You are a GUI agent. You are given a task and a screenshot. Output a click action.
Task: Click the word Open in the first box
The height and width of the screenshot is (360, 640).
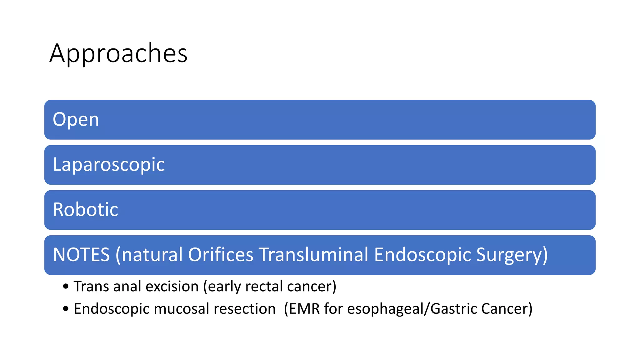[x=76, y=120]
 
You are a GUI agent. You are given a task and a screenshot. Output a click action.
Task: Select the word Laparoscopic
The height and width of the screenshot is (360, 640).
[x=109, y=165]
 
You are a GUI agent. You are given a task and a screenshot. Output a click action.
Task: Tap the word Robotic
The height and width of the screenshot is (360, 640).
[x=86, y=210]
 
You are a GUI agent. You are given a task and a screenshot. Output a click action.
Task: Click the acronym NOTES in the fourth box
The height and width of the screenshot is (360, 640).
[x=81, y=255]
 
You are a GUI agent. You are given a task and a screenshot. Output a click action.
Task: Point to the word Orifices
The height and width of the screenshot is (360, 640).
[x=221, y=255]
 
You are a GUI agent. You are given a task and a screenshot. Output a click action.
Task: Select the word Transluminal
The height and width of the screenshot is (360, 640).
[x=314, y=255]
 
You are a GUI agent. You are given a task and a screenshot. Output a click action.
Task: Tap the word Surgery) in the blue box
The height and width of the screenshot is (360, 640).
[x=512, y=255]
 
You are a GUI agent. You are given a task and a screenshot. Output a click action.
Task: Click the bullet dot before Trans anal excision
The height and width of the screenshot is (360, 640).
[x=66, y=287]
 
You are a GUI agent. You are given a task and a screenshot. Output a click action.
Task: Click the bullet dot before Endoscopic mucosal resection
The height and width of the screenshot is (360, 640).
[x=66, y=309]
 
